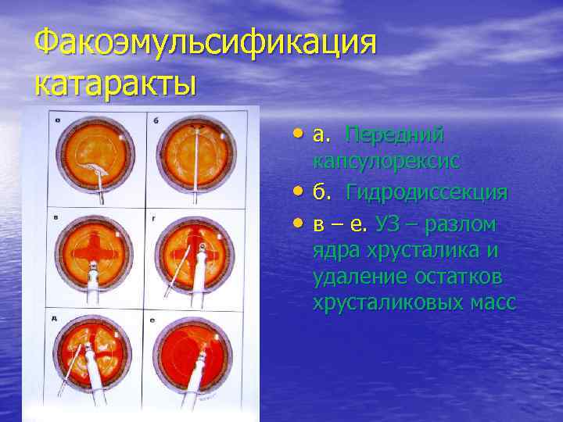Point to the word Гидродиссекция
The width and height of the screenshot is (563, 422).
coord(428,192)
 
